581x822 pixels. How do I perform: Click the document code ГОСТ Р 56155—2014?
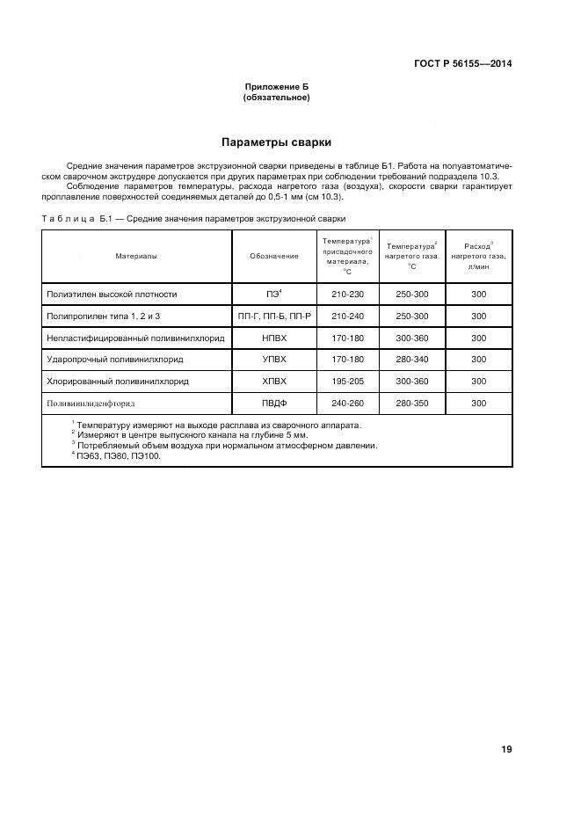462,63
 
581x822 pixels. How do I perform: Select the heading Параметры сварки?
276,142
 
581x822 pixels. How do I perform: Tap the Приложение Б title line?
276,87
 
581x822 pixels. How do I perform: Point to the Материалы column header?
136,256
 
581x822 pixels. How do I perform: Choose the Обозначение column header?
274,256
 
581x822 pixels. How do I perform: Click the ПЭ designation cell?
273,295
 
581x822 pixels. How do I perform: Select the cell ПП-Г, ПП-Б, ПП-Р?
274,316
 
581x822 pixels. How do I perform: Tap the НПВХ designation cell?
274,338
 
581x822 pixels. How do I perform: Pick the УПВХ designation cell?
274,359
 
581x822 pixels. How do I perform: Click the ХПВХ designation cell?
274,381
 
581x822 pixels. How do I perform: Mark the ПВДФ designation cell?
274,403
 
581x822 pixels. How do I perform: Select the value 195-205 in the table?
347,381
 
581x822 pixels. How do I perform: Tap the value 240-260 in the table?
347,403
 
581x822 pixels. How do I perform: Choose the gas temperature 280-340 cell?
412,359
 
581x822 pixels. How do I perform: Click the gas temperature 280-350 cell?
412,403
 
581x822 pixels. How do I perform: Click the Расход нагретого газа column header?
478,256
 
